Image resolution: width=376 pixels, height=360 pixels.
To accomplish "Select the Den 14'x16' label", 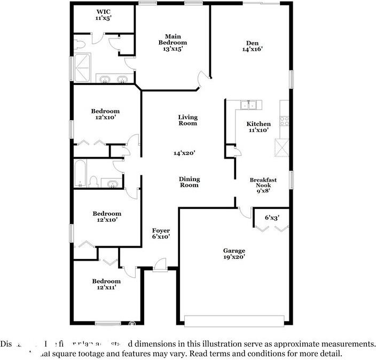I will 252,46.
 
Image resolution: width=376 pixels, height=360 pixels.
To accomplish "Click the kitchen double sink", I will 249,105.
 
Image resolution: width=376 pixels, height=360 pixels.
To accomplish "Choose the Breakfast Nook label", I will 262,184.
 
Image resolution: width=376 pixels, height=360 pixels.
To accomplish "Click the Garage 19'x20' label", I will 234,254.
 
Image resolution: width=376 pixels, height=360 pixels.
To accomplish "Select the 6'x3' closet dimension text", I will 272,217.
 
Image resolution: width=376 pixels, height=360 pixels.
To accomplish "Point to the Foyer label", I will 161,233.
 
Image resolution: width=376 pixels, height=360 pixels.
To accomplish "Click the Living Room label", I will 187,120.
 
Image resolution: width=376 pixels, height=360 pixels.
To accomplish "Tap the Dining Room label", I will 189,182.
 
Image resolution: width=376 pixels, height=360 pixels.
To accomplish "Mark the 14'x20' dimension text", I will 184,153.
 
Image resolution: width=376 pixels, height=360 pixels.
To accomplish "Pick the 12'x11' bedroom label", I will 106,284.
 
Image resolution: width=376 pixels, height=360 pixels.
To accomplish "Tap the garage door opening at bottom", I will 234,320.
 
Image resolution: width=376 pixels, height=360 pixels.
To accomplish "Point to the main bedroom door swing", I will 202,80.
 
